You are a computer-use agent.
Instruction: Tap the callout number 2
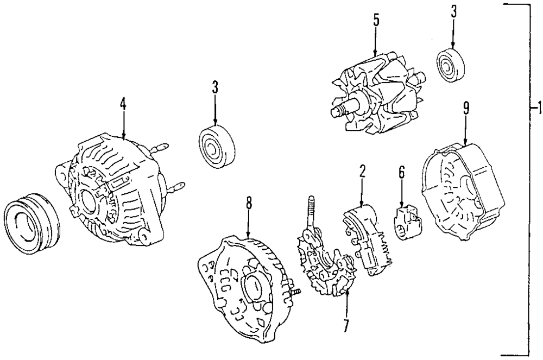click(362, 173)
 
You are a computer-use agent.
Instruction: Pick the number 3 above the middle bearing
click(215, 87)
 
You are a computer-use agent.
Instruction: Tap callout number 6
click(401, 173)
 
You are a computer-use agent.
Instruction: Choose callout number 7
click(346, 325)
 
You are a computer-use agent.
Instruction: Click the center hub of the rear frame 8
click(254, 287)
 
